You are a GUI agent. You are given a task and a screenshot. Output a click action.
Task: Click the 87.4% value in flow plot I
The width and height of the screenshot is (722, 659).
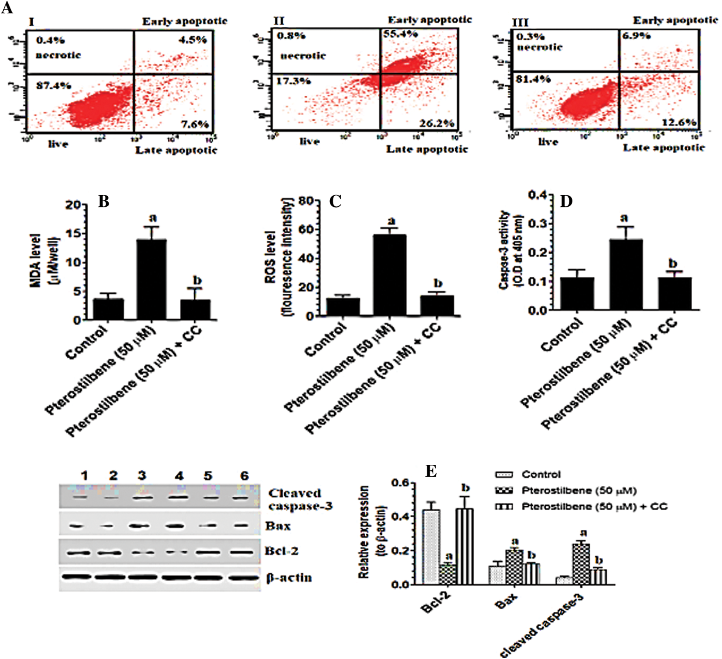pos(53,86)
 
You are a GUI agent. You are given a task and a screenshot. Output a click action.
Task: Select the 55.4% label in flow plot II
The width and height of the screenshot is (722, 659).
pos(400,34)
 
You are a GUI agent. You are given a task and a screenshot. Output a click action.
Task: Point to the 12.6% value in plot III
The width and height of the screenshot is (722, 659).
pos(679,122)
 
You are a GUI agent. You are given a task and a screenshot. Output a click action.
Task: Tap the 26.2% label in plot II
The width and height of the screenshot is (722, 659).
pos(437,123)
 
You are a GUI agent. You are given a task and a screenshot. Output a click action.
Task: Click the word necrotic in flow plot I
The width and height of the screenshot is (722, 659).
pos(58,55)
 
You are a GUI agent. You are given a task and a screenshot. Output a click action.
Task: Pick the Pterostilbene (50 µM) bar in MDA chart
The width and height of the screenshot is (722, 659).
pos(152,279)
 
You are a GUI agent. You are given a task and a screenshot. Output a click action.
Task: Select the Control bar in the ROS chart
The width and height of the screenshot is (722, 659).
pos(343,307)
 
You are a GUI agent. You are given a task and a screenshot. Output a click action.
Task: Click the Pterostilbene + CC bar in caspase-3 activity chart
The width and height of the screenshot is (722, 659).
pos(675,293)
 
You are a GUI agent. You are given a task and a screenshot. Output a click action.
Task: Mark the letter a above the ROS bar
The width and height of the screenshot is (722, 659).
pos(391,220)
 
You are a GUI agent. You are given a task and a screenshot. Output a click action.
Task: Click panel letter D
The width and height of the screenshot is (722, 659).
pos(566,201)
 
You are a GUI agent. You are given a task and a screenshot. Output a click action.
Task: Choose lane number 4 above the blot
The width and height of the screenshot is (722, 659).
pos(179,476)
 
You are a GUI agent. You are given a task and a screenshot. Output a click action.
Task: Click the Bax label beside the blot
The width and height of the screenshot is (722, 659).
pos(278,526)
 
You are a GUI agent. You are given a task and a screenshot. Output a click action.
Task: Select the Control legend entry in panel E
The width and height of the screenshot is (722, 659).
pos(541,475)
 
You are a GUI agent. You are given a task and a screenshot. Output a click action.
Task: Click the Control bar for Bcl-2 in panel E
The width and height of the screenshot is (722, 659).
pos(431,547)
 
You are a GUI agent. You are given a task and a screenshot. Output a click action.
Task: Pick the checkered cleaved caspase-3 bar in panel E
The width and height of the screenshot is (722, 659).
pos(581,564)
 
